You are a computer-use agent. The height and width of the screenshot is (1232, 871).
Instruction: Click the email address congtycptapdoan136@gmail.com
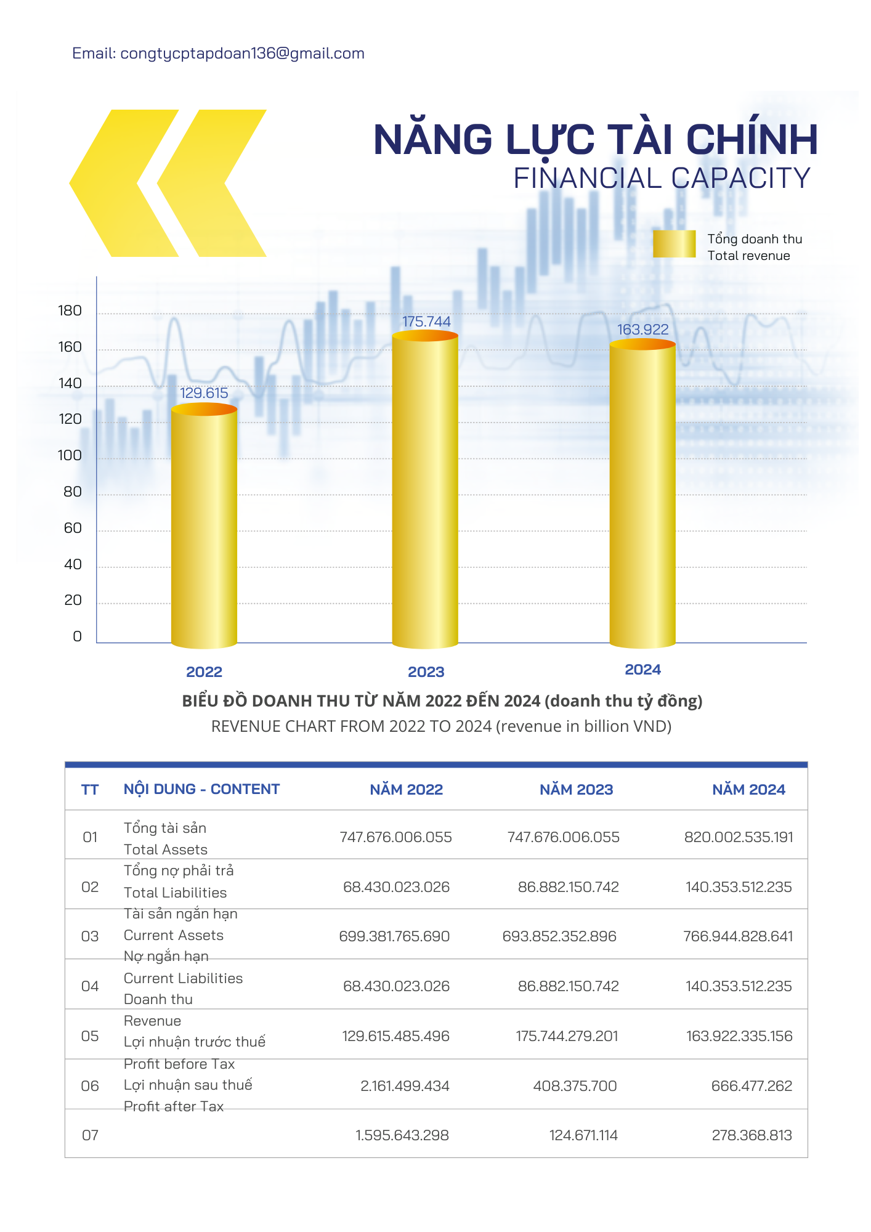(x=242, y=54)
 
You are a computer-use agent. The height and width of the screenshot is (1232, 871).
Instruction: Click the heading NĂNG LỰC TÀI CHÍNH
(x=595, y=140)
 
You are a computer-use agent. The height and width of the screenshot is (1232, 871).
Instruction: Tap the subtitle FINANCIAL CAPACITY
(x=662, y=179)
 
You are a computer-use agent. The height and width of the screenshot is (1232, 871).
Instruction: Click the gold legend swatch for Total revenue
(x=674, y=244)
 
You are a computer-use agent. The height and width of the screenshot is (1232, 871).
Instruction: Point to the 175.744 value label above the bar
(x=426, y=322)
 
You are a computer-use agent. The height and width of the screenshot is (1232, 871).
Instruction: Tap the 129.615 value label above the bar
(x=204, y=393)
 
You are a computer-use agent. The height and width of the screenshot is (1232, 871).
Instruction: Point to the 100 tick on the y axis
(x=70, y=456)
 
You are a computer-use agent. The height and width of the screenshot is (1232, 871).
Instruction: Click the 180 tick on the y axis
(x=70, y=311)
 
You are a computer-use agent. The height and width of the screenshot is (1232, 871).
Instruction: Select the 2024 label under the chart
(x=642, y=670)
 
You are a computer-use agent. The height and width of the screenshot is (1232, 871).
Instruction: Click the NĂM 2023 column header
(x=576, y=790)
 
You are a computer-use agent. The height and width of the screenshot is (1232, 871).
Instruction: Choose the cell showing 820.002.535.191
(x=739, y=837)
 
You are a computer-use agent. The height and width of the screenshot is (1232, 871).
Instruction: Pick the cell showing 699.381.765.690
(x=394, y=936)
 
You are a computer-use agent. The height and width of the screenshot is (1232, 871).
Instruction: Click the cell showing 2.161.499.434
(x=405, y=1086)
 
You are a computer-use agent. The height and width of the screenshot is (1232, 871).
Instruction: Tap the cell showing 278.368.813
(x=751, y=1135)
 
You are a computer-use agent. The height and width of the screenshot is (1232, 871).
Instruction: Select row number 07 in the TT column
(x=90, y=1135)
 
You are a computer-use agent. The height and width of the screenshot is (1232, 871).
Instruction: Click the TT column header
(x=90, y=790)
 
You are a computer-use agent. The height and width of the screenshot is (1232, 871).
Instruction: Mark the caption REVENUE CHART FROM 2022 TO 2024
(x=441, y=726)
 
